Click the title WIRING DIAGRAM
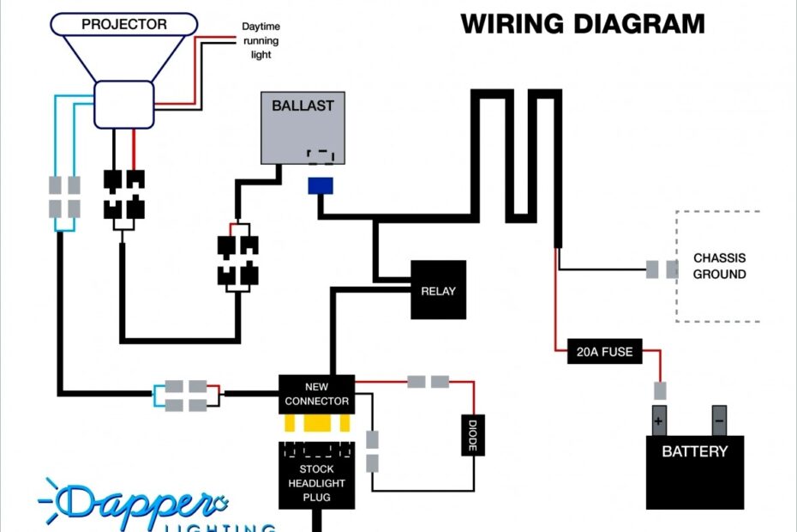(x=583, y=23)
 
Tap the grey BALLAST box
(x=303, y=127)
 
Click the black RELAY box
(x=438, y=290)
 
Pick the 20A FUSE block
(x=604, y=351)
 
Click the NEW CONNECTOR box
(x=316, y=394)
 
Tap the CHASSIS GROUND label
(x=719, y=266)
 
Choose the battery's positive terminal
(x=659, y=420)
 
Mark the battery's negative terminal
(x=719, y=420)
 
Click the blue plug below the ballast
(x=321, y=186)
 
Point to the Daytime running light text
(x=261, y=41)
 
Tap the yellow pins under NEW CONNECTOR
(x=316, y=424)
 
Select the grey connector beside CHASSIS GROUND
(x=661, y=270)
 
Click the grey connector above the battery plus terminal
(x=659, y=390)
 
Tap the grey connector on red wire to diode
(x=428, y=381)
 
